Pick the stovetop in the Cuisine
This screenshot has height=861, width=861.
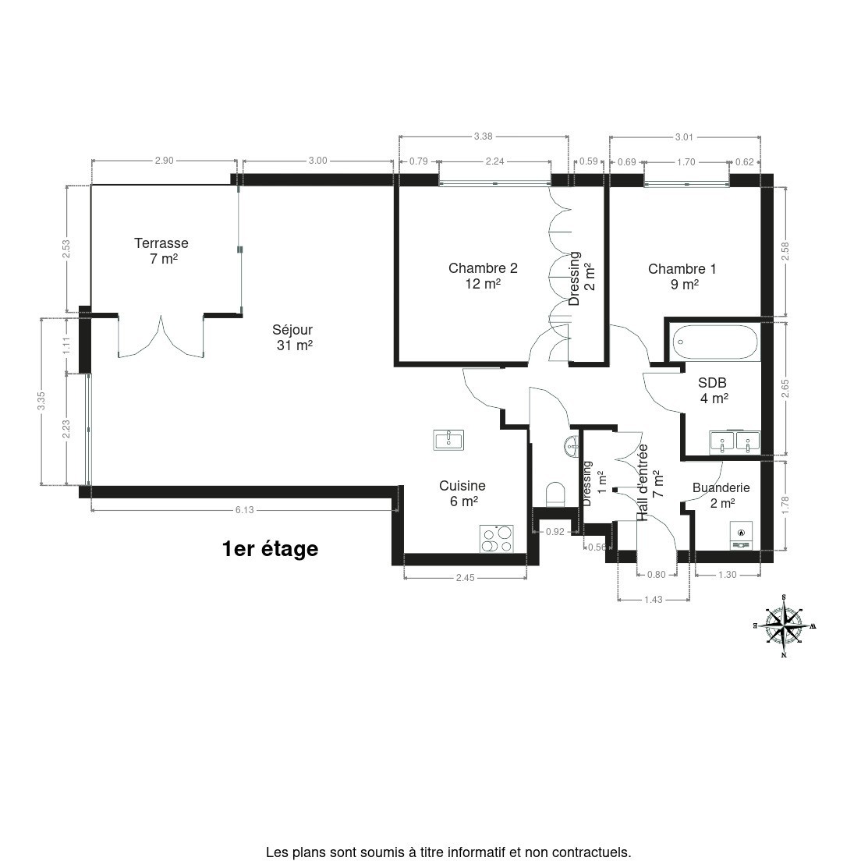click(x=497, y=539)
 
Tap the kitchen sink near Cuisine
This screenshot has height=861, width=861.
click(x=448, y=440)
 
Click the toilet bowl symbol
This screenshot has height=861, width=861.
click(x=556, y=494)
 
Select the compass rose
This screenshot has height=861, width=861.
click(x=784, y=626)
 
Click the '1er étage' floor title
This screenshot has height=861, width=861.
click(x=270, y=548)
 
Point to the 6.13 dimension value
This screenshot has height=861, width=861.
click(x=245, y=510)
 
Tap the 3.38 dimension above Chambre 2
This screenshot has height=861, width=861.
click(x=484, y=136)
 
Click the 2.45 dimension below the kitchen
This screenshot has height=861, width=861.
click(x=465, y=578)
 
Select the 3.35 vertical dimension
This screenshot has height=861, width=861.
click(x=41, y=401)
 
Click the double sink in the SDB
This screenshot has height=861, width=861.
click(x=735, y=442)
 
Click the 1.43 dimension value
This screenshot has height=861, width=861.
click(x=654, y=600)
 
